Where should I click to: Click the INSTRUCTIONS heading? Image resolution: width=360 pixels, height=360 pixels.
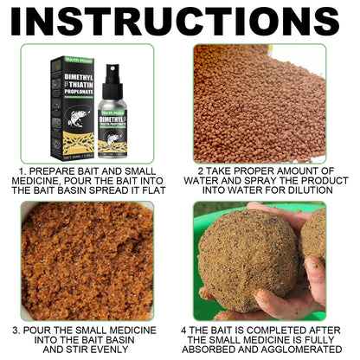point(179,22)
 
